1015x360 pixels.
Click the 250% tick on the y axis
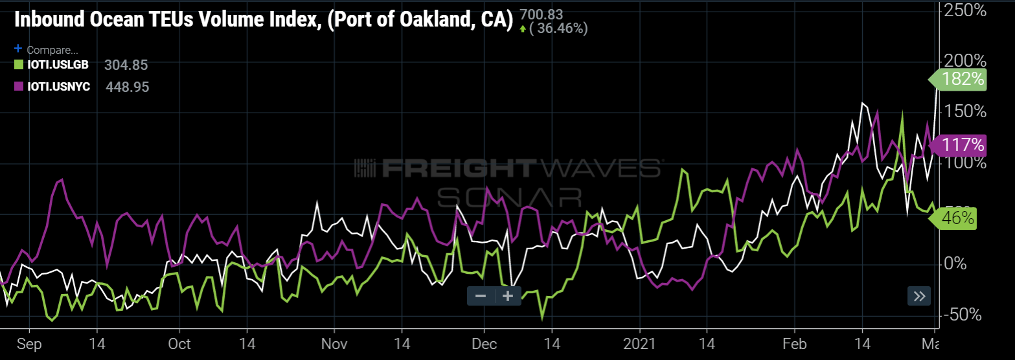coord(968,10)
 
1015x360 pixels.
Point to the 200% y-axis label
coord(968,62)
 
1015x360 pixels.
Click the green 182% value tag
coord(960,80)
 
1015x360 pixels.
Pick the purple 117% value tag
coord(960,144)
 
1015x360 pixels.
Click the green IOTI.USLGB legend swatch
coord(19,64)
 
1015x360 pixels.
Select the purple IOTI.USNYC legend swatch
coord(19,86)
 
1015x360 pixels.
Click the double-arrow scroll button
coord(919,297)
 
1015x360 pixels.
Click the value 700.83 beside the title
coord(541,14)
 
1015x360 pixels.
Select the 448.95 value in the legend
coord(127,87)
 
